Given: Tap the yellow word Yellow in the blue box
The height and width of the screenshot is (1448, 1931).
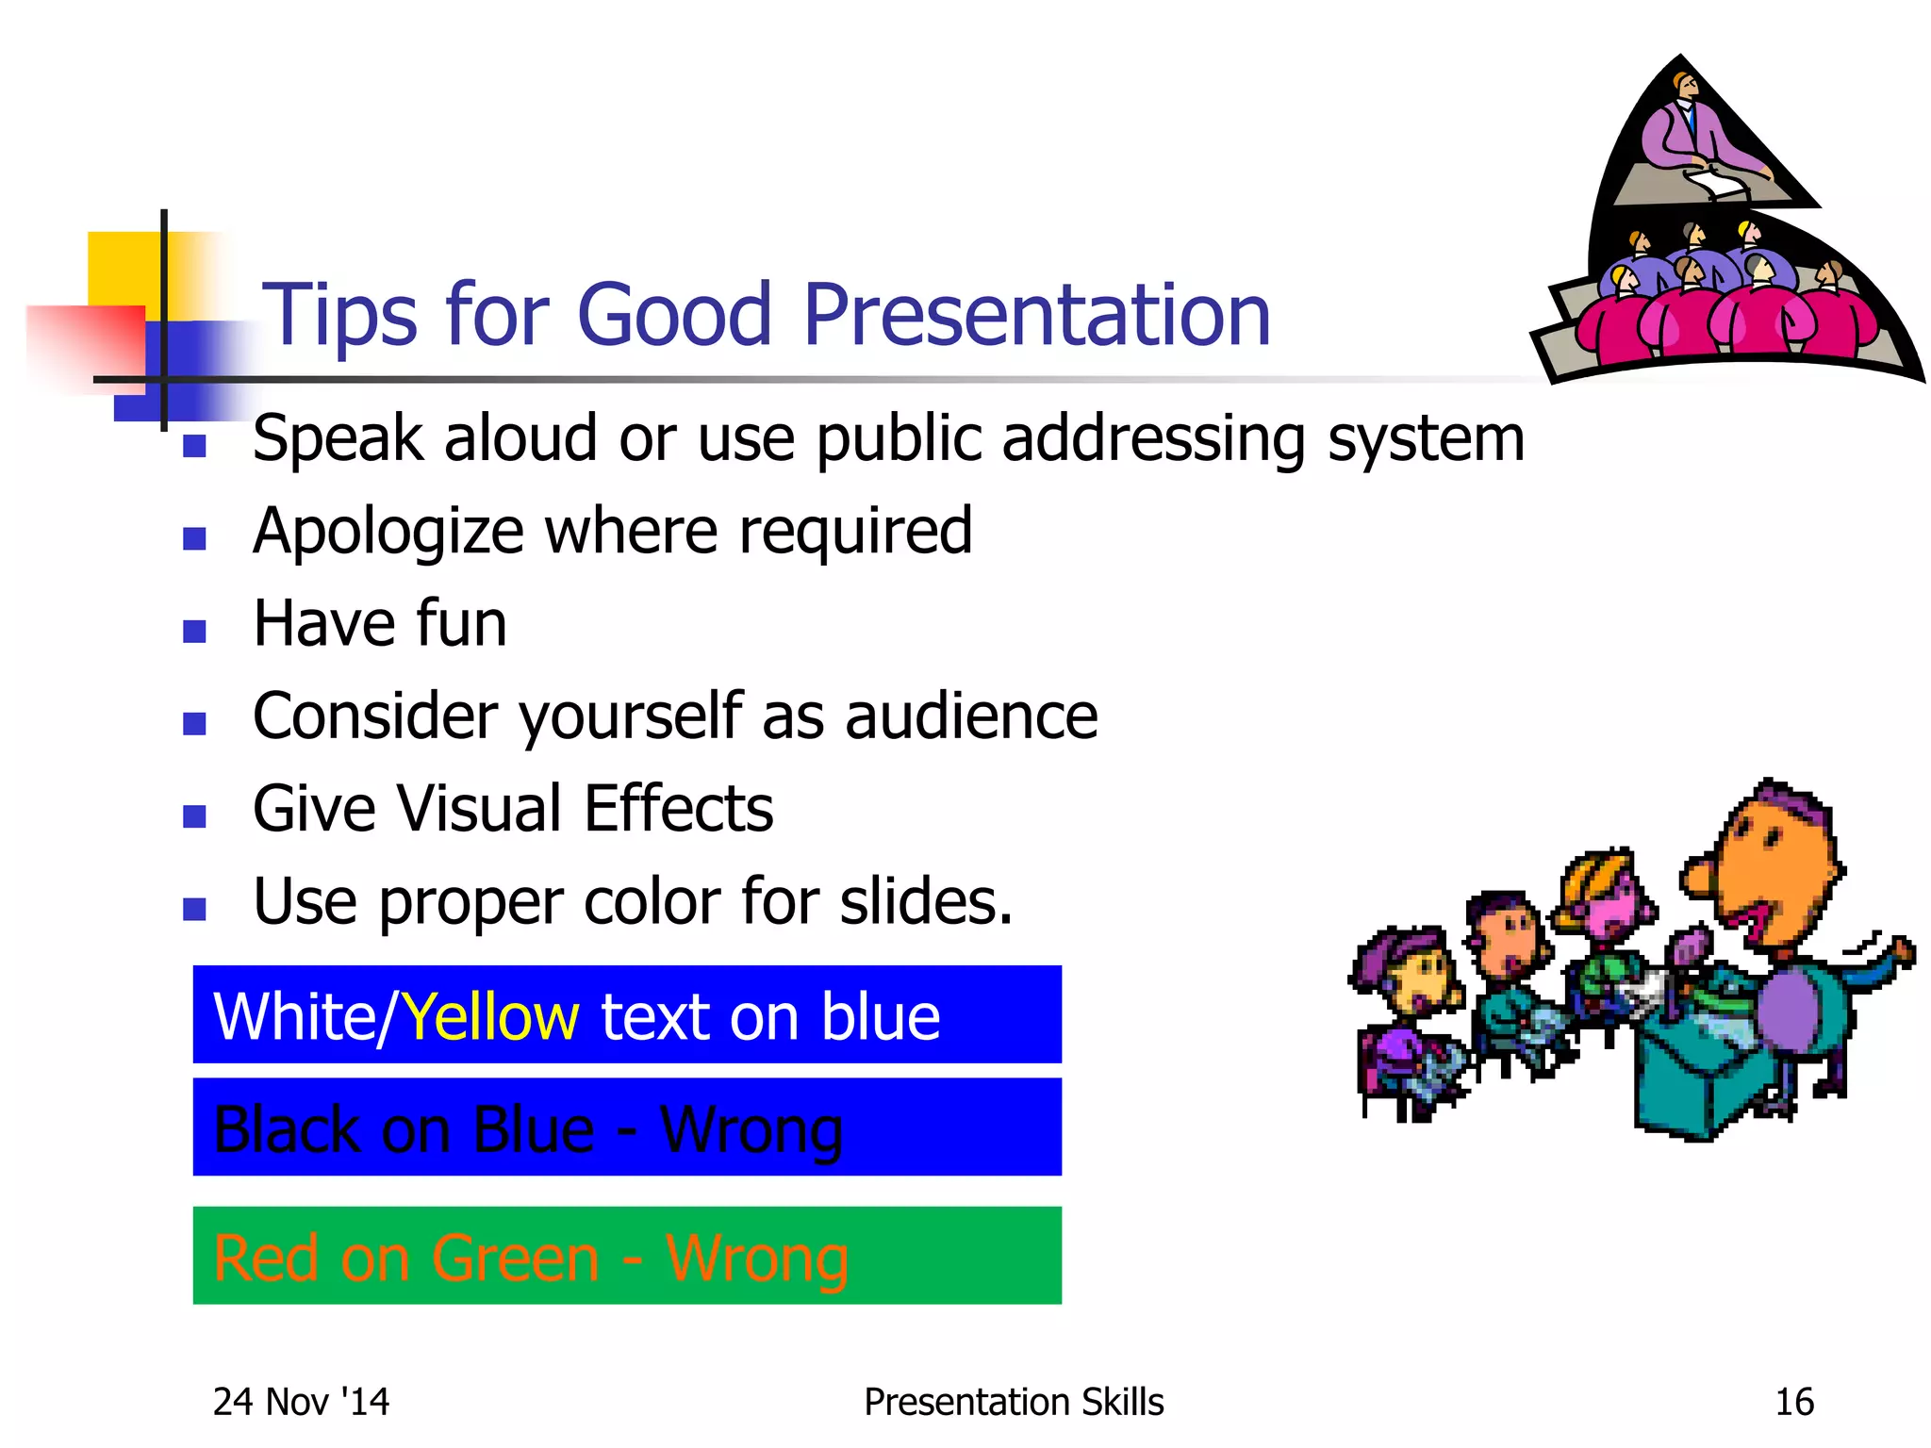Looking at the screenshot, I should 490,1016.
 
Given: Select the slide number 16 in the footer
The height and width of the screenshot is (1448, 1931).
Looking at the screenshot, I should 1793,1402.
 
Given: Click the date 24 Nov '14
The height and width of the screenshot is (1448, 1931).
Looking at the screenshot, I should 301,1402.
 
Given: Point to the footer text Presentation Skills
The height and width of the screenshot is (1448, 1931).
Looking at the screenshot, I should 1014,1402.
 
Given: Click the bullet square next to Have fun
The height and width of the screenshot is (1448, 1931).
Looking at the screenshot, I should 194,631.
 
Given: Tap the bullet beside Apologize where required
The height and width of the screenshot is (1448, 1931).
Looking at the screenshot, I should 194,538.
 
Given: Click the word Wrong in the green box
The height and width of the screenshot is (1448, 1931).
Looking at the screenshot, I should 756,1259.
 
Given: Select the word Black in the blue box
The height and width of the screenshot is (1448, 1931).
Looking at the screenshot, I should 286,1129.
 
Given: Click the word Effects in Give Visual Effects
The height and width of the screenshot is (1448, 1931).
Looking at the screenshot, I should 678,809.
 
